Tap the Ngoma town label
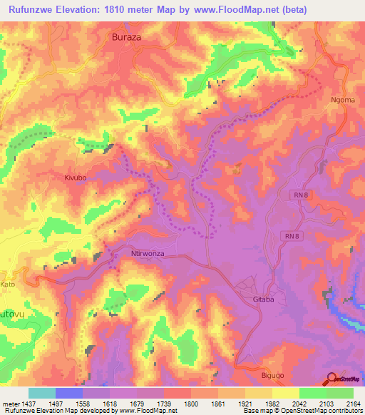[342, 101]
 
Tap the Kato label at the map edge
[7, 284]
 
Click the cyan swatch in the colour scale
[42, 393]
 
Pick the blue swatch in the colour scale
[69, 393]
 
